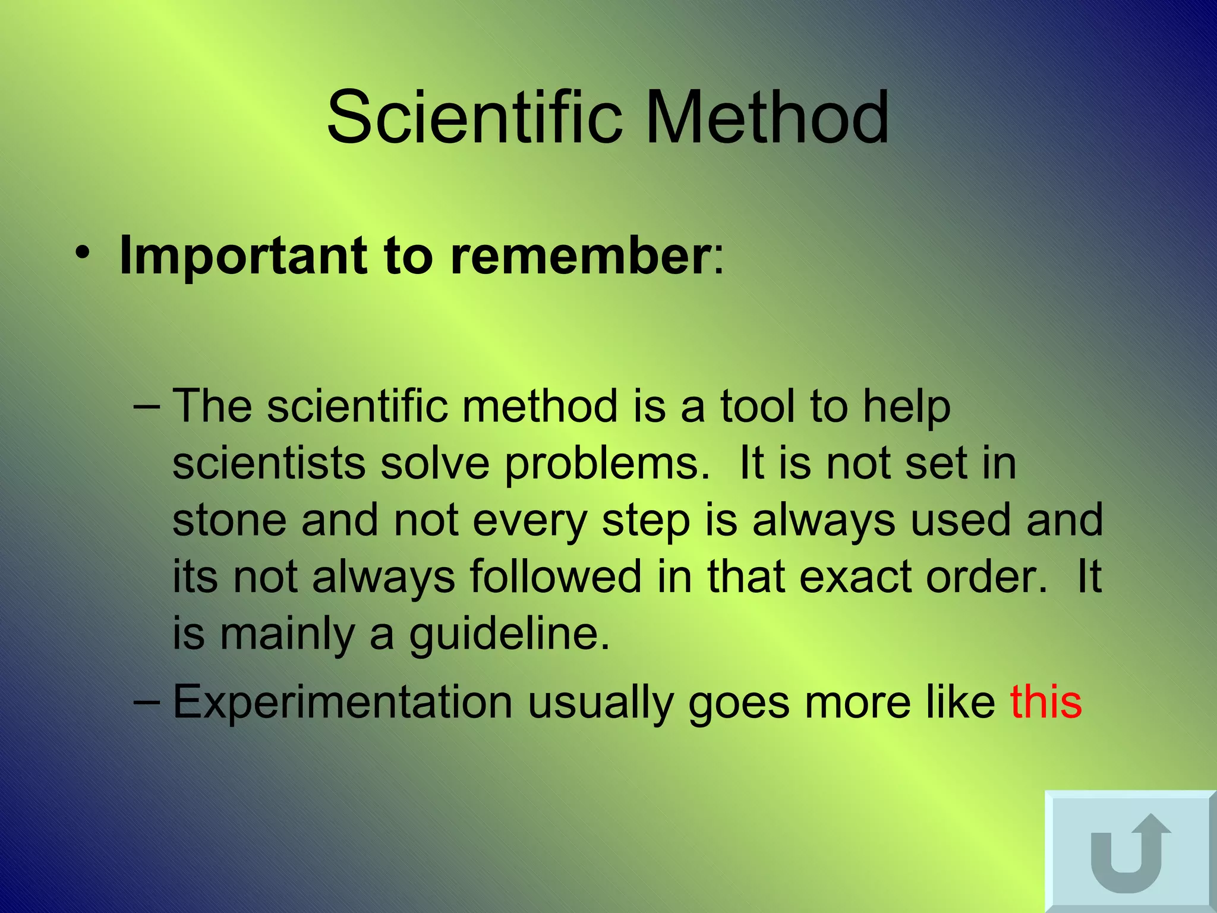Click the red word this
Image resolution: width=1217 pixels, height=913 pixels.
pyautogui.click(x=1046, y=702)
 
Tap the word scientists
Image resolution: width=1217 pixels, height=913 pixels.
pyautogui.click(x=269, y=463)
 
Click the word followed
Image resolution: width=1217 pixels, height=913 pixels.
pyautogui.click(x=556, y=577)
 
